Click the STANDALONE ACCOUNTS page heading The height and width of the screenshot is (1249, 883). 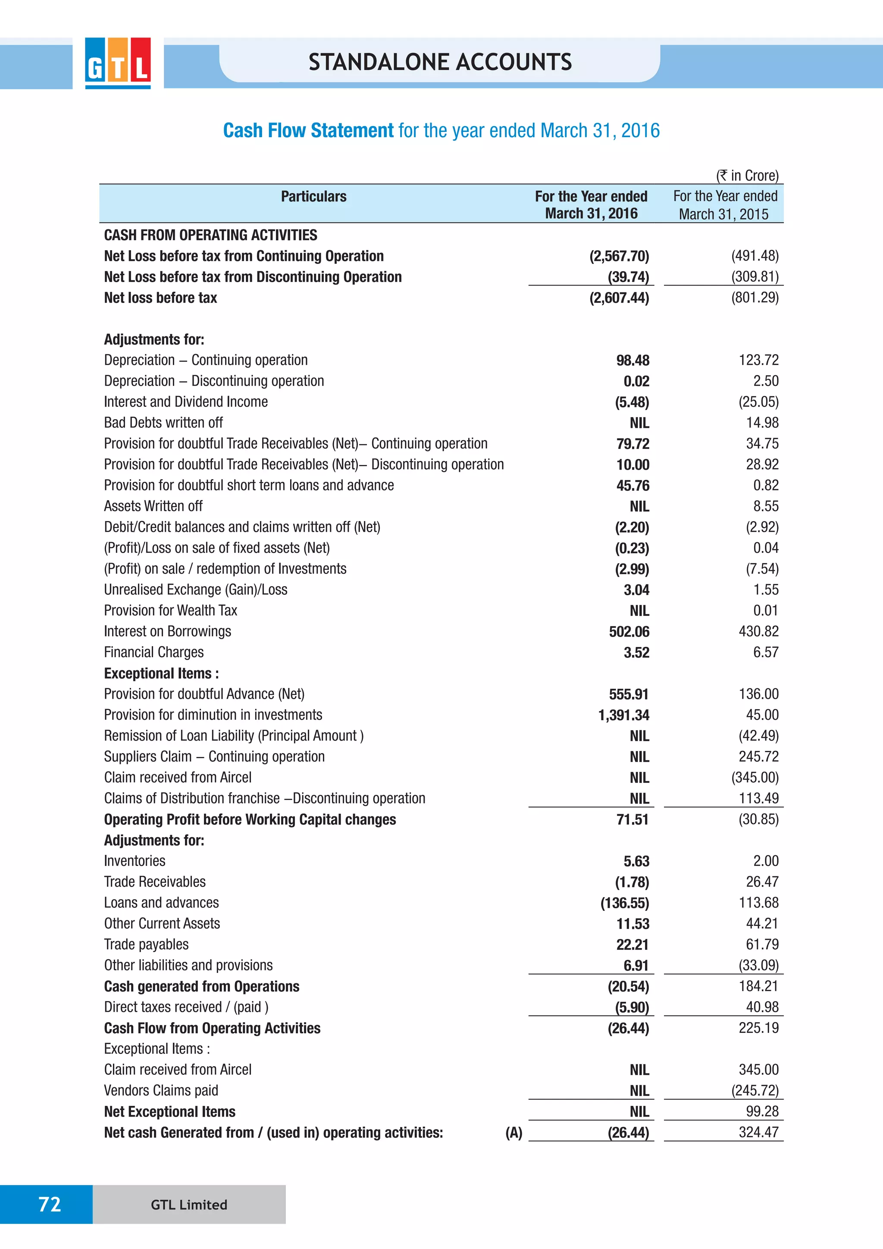click(440, 62)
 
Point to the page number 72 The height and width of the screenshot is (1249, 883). click(50, 1204)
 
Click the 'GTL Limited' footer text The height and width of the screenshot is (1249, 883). click(189, 1205)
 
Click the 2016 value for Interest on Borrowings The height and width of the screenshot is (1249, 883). click(629, 631)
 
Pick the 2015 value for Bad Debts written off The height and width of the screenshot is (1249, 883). click(762, 423)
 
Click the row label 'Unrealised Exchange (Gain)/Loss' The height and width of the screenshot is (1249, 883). click(196, 590)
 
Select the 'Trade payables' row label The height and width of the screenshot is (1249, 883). click(146, 945)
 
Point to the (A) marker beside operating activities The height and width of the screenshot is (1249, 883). click(513, 1133)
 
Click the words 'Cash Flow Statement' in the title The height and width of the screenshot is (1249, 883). click(308, 131)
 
